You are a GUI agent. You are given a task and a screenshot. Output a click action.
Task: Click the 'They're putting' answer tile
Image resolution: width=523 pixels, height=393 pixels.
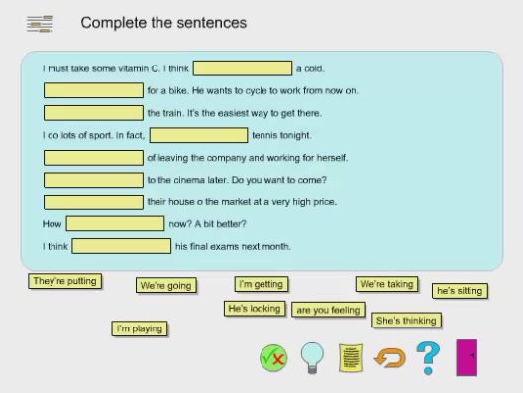coord(64,281)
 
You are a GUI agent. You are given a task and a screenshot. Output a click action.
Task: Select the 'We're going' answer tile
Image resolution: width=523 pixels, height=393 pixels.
coord(165,286)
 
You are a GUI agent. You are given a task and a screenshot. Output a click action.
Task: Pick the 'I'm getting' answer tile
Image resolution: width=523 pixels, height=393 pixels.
coord(261,284)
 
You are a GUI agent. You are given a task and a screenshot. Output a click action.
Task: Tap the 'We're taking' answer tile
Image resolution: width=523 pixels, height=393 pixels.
coord(386,284)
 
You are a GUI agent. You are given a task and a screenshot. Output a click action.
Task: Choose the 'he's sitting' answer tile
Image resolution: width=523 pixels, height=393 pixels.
coord(460,291)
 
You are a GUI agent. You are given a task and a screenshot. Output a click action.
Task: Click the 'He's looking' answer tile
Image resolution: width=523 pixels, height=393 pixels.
coord(255,309)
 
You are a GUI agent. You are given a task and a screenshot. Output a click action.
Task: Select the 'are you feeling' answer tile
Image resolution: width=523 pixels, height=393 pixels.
coord(329,310)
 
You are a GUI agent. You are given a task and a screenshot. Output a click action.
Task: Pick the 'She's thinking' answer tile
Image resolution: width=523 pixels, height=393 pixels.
coord(406,321)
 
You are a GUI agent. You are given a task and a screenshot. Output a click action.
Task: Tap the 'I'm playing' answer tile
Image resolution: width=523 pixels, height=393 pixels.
coord(140,328)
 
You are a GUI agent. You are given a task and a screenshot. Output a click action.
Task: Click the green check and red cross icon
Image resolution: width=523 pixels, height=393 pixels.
coord(273,357)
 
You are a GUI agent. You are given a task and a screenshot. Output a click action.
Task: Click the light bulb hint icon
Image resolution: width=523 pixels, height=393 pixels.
coord(312,357)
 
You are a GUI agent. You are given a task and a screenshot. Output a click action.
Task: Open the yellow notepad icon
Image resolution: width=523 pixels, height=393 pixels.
coord(350,357)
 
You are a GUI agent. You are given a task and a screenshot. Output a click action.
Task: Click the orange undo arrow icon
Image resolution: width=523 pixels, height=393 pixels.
coord(389,357)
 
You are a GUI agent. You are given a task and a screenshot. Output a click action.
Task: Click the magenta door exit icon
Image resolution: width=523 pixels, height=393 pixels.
coord(468,357)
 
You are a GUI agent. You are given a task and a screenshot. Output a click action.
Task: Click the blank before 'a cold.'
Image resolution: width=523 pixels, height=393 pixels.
coord(243,68)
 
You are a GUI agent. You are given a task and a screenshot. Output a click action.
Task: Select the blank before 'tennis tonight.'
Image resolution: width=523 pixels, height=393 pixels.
coord(198,135)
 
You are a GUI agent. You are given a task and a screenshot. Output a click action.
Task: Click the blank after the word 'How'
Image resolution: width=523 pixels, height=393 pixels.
coord(115,224)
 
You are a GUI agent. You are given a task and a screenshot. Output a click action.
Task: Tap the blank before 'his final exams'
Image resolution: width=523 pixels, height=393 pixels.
coord(122,246)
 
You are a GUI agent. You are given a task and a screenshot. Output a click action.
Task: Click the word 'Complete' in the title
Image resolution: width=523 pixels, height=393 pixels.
coord(111,23)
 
